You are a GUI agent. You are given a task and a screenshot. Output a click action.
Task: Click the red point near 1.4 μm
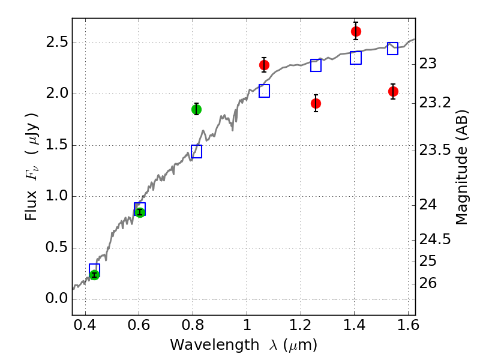pyautogui.click(x=356, y=31)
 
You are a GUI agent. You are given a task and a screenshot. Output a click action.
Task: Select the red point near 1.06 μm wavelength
pyautogui.click(x=264, y=65)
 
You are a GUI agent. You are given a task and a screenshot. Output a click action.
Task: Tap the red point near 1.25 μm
pyautogui.click(x=316, y=103)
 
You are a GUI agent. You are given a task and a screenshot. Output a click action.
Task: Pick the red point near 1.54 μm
pyautogui.click(x=393, y=91)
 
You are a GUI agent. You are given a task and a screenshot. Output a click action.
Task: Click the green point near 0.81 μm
pyautogui.click(x=197, y=109)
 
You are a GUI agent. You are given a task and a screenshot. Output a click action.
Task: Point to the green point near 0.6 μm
pyautogui.click(x=140, y=212)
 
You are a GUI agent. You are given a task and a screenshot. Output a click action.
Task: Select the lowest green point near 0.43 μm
pyautogui.click(x=95, y=275)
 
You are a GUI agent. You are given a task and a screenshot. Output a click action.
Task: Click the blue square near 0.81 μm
pyautogui.click(x=197, y=152)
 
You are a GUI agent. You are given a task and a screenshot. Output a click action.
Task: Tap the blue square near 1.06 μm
pyautogui.click(x=264, y=91)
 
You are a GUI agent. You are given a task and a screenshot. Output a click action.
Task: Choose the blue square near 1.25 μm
pyautogui.click(x=316, y=65)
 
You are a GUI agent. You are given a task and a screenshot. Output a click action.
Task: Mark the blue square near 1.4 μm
pyautogui.click(x=356, y=58)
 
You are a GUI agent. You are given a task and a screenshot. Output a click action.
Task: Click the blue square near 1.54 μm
pyautogui.click(x=393, y=49)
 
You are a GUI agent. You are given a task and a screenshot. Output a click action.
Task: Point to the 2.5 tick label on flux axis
pyautogui.click(x=57, y=43)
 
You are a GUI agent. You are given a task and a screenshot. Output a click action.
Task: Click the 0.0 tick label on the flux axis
pyautogui.click(x=57, y=298)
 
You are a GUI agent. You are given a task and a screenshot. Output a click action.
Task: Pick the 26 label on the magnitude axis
pyautogui.click(x=428, y=283)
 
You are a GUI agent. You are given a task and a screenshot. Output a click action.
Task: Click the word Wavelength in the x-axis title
pyautogui.click(x=215, y=345)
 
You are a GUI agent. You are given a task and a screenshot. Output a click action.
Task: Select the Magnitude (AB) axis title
pyautogui.click(x=461, y=167)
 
